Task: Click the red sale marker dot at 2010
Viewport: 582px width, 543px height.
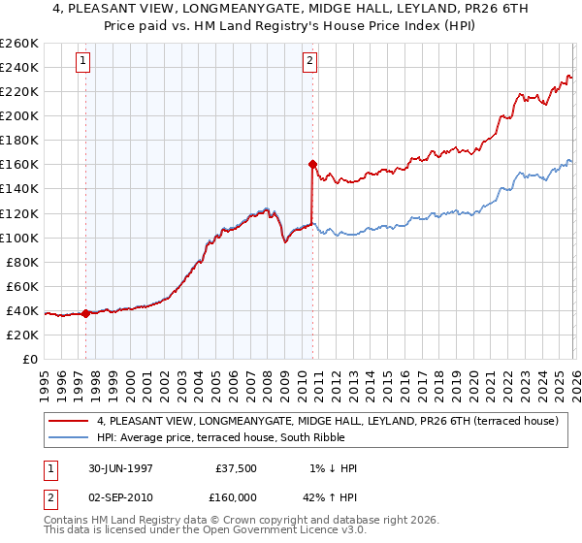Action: [312, 164]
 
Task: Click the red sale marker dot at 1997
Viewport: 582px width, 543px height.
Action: [86, 313]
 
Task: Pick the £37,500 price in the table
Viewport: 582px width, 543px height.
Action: [237, 468]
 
